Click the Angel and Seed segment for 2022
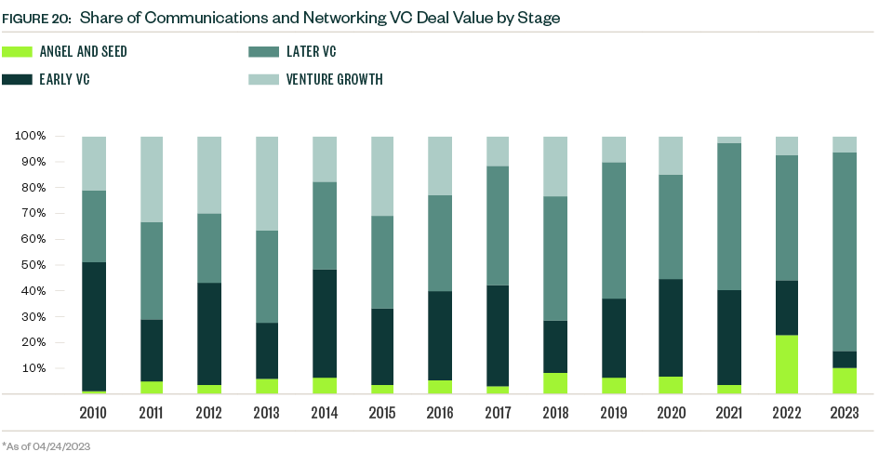point(786,364)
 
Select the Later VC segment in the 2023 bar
point(844,251)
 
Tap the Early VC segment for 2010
point(94,326)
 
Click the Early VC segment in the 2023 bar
point(844,359)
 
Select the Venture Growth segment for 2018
point(555,166)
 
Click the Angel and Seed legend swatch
point(16,52)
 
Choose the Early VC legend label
point(64,79)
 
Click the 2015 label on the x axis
point(382,412)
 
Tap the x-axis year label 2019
point(613,412)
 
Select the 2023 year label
point(844,412)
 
